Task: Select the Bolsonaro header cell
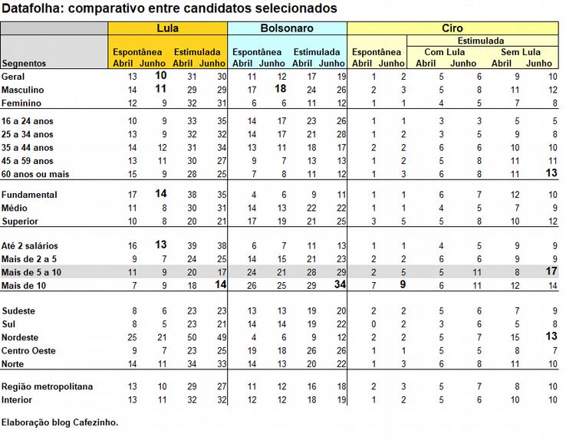pyautogui.click(x=287, y=28)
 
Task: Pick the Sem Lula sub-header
pyautogui.click(x=521, y=52)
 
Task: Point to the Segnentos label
pyautogui.click(x=24, y=64)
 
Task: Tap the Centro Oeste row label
pyautogui.click(x=28, y=351)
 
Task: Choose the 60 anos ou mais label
pyautogui.click(x=35, y=174)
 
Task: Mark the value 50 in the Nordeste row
pyautogui.click(x=191, y=338)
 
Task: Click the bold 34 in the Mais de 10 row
pyautogui.click(x=340, y=285)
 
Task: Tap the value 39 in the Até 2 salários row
pyautogui.click(x=191, y=246)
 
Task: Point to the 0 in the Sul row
pyautogui.click(x=373, y=325)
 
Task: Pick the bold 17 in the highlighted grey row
pyautogui.click(x=551, y=272)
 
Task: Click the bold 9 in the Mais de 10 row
pyautogui.click(x=402, y=285)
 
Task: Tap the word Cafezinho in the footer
pyautogui.click(x=96, y=422)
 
